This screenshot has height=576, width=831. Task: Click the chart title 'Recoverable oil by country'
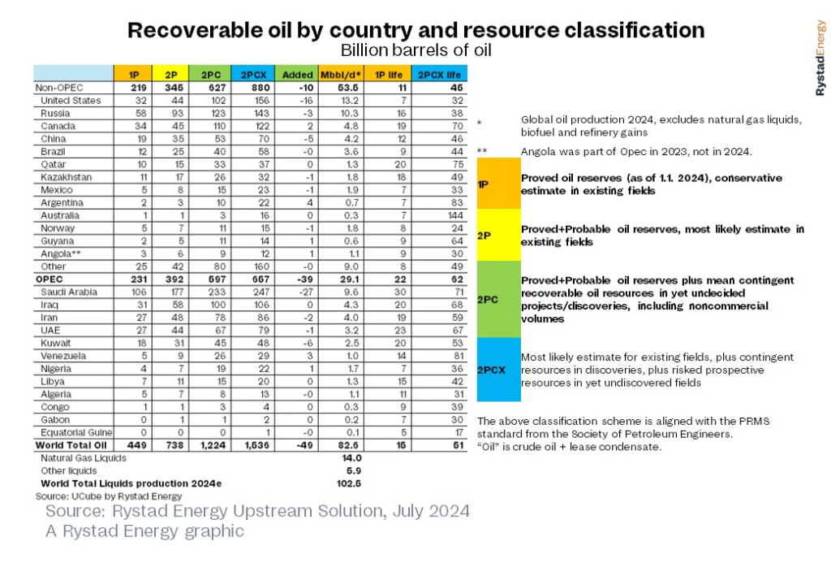415,31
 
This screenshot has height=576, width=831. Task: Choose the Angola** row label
59,253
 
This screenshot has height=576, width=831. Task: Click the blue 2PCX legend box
497,370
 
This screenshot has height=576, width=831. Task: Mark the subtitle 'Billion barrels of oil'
415,50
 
